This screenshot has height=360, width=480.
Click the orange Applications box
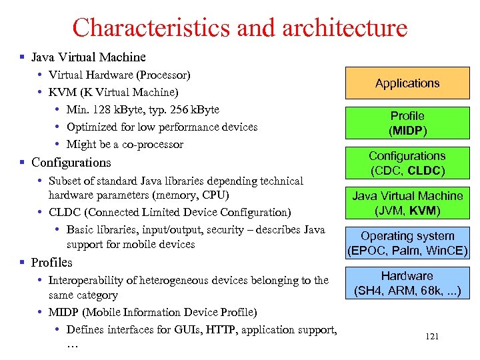[407, 83]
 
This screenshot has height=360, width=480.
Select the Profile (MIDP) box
[407, 123]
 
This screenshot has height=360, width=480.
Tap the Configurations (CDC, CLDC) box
[407, 163]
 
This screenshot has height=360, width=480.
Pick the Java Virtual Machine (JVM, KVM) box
[407, 203]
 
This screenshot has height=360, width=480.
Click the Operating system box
[407, 243]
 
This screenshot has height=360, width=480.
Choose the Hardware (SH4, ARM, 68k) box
[407, 283]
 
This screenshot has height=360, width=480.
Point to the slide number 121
[432, 337]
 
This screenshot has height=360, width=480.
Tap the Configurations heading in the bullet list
[71, 162]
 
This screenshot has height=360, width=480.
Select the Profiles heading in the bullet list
[52, 262]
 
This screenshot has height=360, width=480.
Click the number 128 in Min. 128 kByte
[102, 109]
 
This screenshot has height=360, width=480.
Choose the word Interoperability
[91, 280]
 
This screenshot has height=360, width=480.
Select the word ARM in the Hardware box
[404, 292]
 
